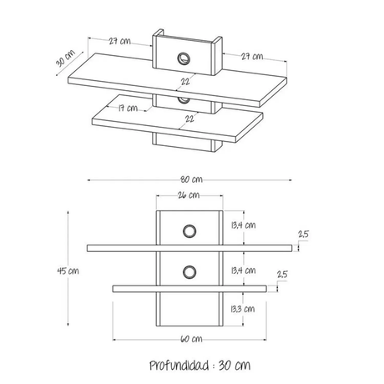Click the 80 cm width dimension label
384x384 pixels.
(x=191, y=179)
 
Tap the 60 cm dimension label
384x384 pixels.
(x=191, y=339)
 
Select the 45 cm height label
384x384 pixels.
(x=68, y=270)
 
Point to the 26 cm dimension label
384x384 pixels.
(x=189, y=195)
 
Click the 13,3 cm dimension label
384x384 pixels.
(x=243, y=309)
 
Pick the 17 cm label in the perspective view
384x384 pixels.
(x=128, y=108)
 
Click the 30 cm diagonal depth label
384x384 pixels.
(x=65, y=58)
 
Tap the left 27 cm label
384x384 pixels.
(x=119, y=41)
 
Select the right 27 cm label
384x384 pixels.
(x=252, y=57)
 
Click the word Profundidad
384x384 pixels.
(x=179, y=365)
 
